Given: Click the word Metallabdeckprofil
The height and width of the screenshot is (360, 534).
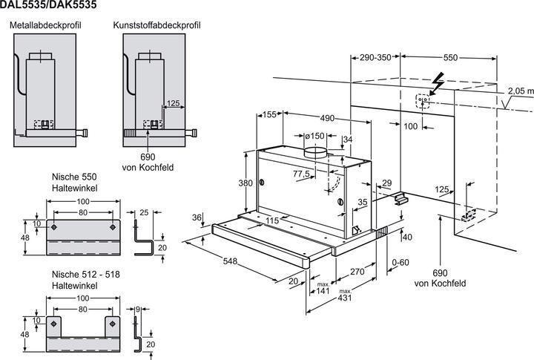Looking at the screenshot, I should pos(45,25).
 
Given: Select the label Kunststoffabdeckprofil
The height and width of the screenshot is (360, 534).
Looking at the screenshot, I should pos(154,25).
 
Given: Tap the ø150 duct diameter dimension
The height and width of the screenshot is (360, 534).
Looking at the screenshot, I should pos(315,136).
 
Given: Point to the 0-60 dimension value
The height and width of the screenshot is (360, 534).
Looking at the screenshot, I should pos(401,264).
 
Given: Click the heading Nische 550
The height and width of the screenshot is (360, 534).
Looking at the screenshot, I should pos(70,177).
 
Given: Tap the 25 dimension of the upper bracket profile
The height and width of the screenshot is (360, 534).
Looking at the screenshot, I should pos(144,213).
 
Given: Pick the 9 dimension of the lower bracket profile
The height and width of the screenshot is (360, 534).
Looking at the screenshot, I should pos(139,310).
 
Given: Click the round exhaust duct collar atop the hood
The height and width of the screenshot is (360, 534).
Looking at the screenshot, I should pos(316,152).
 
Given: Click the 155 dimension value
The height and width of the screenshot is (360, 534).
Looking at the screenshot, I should pos(268,114).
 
